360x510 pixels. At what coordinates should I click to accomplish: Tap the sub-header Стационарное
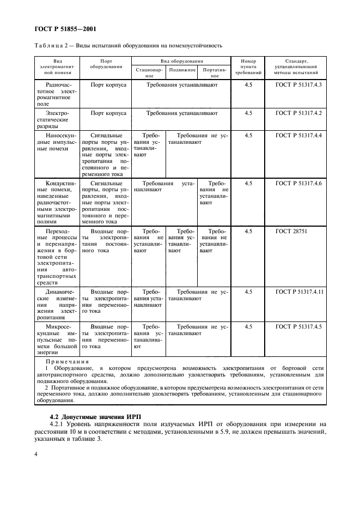pos(148,73)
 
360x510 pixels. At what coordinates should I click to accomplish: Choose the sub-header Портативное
pos(214,73)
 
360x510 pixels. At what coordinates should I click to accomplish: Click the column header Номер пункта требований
pos(249,66)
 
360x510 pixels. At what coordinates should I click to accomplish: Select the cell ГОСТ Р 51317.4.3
pos(299,86)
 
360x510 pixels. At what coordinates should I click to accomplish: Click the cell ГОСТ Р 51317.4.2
pos(299,113)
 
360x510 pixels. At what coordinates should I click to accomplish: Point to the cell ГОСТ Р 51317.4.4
pos(299,135)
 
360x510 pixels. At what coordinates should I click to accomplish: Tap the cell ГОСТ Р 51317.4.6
pos(299,184)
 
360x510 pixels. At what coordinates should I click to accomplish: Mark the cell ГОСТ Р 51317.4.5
pos(299,326)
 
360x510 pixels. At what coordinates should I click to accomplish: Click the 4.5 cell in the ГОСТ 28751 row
pos(248,231)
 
